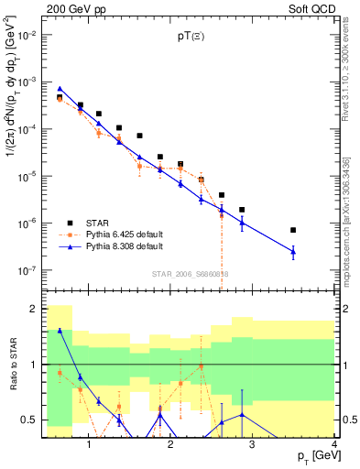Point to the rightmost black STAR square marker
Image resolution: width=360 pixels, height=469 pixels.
coord(319,230)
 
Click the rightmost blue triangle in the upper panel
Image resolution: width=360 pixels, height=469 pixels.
coord(319,251)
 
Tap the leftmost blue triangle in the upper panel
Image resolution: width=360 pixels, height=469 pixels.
coord(60,88)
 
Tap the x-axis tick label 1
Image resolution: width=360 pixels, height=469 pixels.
coord(89,444)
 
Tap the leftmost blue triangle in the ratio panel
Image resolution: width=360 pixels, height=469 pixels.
coord(60,331)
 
